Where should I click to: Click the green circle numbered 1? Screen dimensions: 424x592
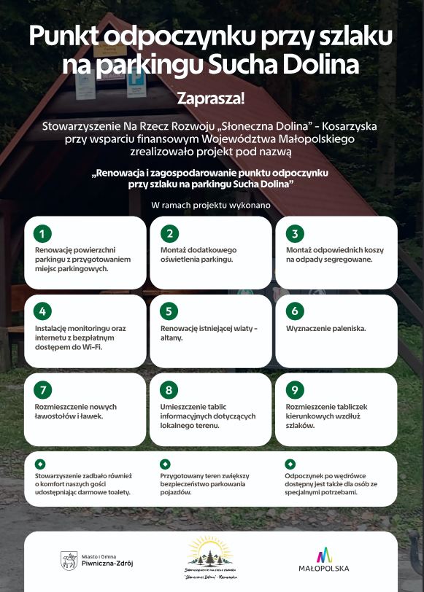[x=43, y=233]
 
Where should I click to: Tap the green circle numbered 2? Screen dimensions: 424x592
[x=169, y=233]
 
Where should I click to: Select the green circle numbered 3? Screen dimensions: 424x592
[x=295, y=233]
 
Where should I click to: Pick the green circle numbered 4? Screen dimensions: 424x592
[x=43, y=311]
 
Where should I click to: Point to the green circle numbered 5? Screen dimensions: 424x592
[x=169, y=311]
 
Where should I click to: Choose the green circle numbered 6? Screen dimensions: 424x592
[x=295, y=311]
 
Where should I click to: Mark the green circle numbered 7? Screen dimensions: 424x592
[x=43, y=389]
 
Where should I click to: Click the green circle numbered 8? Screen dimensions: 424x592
[x=169, y=389]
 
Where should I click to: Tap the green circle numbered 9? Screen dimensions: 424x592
[x=295, y=389]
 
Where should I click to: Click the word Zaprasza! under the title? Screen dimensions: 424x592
[x=211, y=98]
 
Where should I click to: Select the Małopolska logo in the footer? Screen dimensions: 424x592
[x=333, y=560]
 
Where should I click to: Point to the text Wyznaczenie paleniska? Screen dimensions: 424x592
[x=326, y=329]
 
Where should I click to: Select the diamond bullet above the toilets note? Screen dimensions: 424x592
[x=39, y=463]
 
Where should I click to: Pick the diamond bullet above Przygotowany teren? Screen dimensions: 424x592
[x=165, y=463]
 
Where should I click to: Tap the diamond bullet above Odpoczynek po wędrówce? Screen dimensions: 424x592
[x=290, y=463]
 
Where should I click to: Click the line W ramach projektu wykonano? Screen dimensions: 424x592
[x=211, y=206]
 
